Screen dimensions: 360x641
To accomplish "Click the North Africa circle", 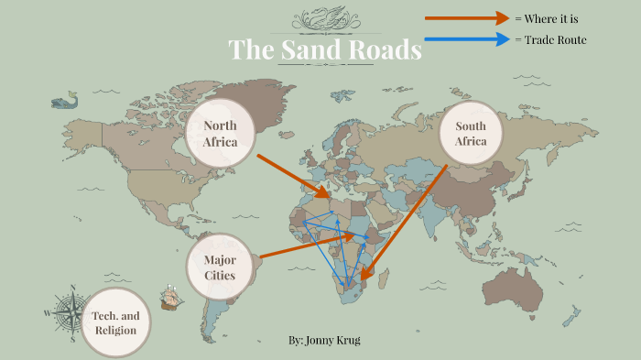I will (x=219, y=134).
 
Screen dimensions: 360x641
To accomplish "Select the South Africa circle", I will (x=471, y=134).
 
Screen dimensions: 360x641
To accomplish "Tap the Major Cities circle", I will (x=220, y=267).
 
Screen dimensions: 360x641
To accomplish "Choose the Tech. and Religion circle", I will (x=115, y=322).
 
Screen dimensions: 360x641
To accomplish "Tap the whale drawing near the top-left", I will (x=63, y=101).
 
